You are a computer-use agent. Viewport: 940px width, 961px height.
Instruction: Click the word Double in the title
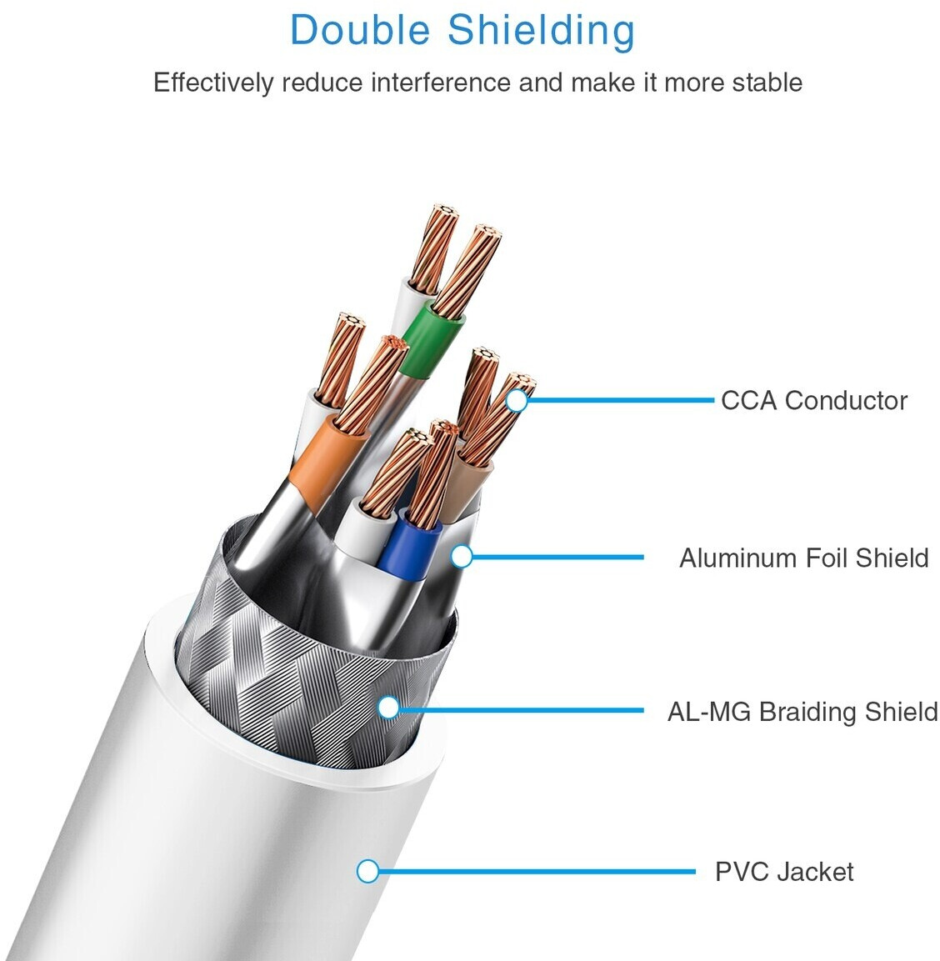[x=361, y=31]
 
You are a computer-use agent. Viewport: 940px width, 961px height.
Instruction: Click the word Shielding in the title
[x=541, y=31]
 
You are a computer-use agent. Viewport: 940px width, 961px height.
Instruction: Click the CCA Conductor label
[x=813, y=401]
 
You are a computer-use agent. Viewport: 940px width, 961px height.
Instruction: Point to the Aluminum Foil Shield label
[x=803, y=558]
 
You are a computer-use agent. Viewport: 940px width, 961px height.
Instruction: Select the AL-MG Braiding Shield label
[x=802, y=712]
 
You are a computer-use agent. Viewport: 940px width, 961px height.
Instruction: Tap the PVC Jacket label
[x=784, y=872]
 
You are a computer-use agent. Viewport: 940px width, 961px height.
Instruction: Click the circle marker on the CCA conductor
[x=517, y=401]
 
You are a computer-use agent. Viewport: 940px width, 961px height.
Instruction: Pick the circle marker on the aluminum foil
[x=462, y=557]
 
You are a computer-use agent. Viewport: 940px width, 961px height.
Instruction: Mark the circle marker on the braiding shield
[x=388, y=708]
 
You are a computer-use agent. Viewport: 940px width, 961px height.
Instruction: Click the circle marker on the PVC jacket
[x=367, y=872]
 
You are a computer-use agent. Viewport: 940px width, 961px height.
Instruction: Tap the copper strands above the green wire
[x=465, y=271]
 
